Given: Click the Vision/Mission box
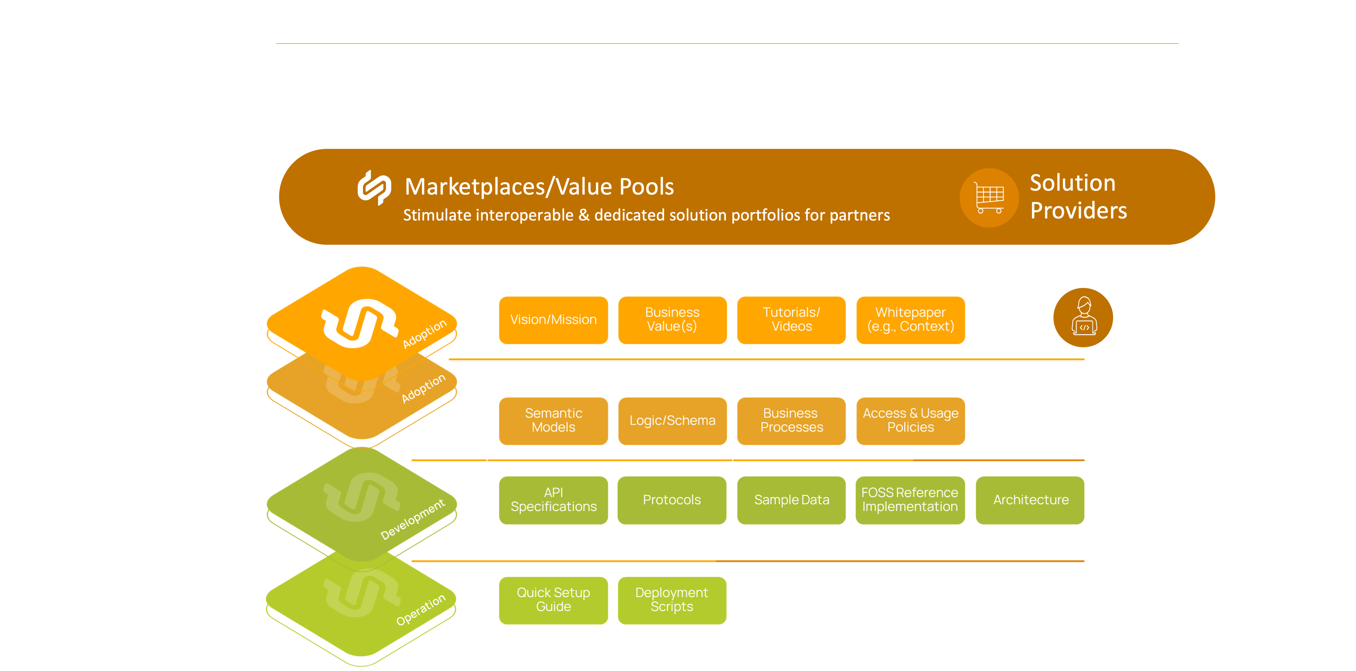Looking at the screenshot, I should (x=553, y=320).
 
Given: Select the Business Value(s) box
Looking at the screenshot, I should (x=672, y=320).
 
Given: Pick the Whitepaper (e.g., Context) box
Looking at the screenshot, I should (x=910, y=320).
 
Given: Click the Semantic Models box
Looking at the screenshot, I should (x=553, y=420).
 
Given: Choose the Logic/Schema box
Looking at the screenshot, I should (x=672, y=420).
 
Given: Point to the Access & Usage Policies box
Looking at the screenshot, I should (x=910, y=420).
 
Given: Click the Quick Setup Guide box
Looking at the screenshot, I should (x=553, y=600).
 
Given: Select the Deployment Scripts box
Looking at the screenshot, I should (x=672, y=600).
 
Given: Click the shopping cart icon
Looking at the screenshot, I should (x=989, y=198).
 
